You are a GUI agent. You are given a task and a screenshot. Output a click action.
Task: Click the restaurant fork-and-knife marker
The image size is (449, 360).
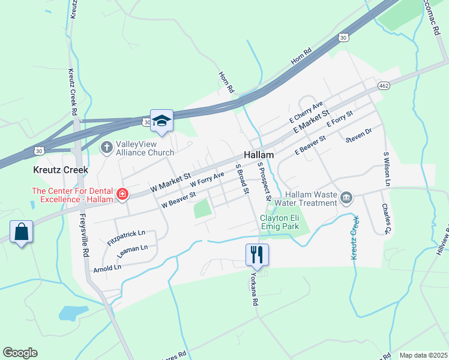pyautogui.click(x=257, y=254)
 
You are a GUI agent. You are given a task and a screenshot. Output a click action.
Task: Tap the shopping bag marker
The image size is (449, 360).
pyautogui.click(x=21, y=232)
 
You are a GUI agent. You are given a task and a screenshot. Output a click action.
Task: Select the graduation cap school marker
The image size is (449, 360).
pyautogui.click(x=161, y=121)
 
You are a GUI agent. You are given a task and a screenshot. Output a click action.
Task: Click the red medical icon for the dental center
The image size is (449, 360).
pyautogui.click(x=122, y=194)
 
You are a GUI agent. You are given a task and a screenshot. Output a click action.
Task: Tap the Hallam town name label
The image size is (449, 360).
pyautogui.click(x=259, y=155)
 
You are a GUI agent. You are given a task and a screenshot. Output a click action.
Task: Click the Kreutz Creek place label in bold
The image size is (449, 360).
pyautogui.click(x=60, y=170)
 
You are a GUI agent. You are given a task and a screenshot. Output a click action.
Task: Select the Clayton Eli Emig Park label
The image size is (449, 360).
pyautogui.click(x=279, y=223)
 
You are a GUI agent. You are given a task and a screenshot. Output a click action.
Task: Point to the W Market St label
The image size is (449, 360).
pyautogui.click(x=170, y=182)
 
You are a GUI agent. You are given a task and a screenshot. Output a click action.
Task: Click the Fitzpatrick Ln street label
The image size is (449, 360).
pyautogui.click(x=127, y=238)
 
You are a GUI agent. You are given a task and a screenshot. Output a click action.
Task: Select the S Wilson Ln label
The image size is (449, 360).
pyautogui.click(x=387, y=168)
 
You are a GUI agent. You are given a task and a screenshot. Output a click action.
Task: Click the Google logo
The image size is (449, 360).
pyautogui.click(x=20, y=353)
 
